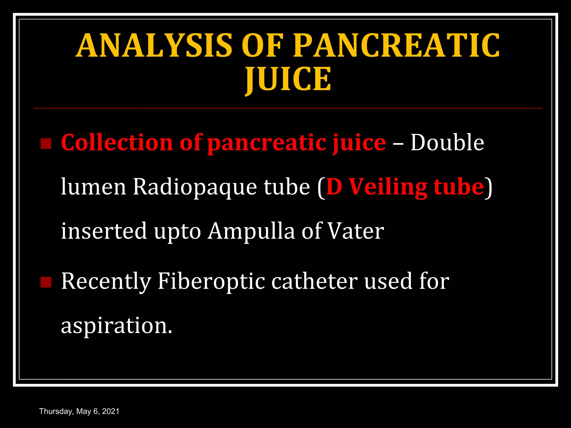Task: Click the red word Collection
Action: [x=117, y=142]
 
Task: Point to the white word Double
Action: [x=447, y=142]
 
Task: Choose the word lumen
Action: [x=93, y=187]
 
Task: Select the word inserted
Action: [x=104, y=231]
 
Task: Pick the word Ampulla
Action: [x=251, y=231]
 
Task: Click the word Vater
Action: [x=355, y=231]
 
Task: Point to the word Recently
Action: [x=106, y=281]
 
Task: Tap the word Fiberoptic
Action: [x=211, y=281]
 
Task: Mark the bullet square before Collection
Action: [x=46, y=144]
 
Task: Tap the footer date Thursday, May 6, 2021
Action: [x=79, y=411]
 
